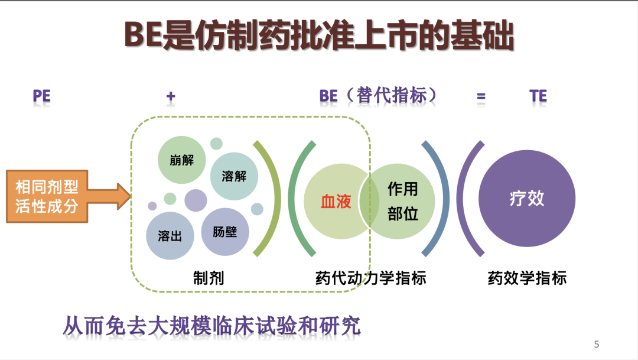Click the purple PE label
coord(41,96)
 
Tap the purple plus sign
coord(171,96)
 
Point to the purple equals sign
coord(481,97)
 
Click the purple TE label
coord(538,96)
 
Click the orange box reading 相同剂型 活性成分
coord(47,196)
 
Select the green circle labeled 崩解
coord(181,160)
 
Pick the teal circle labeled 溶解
coord(234,176)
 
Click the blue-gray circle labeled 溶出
coord(170,236)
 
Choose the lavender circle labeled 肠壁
coord(225,232)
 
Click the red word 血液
coord(336,201)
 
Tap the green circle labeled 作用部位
coord(401,201)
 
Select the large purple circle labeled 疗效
coord(527,199)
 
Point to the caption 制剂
coord(209,278)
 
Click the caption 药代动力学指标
coord(370,278)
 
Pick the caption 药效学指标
coord(527,278)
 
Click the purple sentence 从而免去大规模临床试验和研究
coord(211,326)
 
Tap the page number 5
coord(597,344)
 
